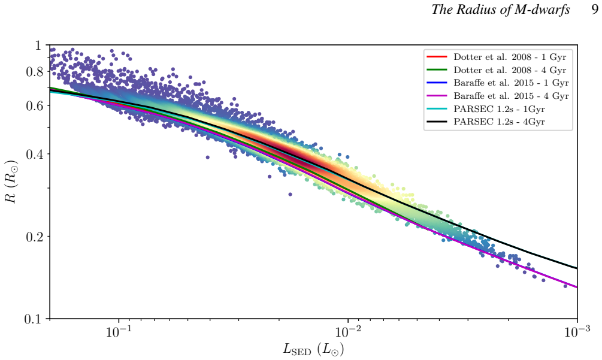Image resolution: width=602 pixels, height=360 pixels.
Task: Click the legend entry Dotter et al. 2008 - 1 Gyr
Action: pyautogui.click(x=510, y=57)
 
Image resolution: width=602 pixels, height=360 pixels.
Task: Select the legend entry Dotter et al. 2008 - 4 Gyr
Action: pyautogui.click(x=510, y=70)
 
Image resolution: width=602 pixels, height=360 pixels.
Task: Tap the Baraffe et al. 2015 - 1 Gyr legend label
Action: pyautogui.click(x=511, y=83)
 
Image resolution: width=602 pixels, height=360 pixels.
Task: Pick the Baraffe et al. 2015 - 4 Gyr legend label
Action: pyautogui.click(x=511, y=96)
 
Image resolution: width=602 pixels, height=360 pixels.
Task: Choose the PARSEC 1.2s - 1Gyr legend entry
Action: pyautogui.click(x=499, y=109)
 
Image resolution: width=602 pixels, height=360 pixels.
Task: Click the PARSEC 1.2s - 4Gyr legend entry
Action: pyautogui.click(x=499, y=122)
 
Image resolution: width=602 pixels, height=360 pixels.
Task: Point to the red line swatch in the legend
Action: pyautogui.click(x=437, y=57)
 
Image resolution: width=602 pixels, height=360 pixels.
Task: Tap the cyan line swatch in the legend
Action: pyautogui.click(x=437, y=108)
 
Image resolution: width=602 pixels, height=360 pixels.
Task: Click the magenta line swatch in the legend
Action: pyautogui.click(x=437, y=96)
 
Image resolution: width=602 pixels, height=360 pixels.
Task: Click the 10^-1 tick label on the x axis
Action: pyautogui.click(x=118, y=332)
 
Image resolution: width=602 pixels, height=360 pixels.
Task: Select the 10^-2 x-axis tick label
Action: pyautogui.click(x=347, y=332)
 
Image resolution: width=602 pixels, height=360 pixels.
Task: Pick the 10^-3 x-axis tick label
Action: pyautogui.click(x=577, y=332)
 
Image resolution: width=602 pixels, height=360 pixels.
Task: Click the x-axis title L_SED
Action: pyautogui.click(x=313, y=349)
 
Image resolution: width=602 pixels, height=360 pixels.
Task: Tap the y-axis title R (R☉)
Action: pyautogui.click(x=11, y=181)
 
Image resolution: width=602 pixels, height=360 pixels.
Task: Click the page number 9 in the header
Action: pyautogui.click(x=595, y=9)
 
